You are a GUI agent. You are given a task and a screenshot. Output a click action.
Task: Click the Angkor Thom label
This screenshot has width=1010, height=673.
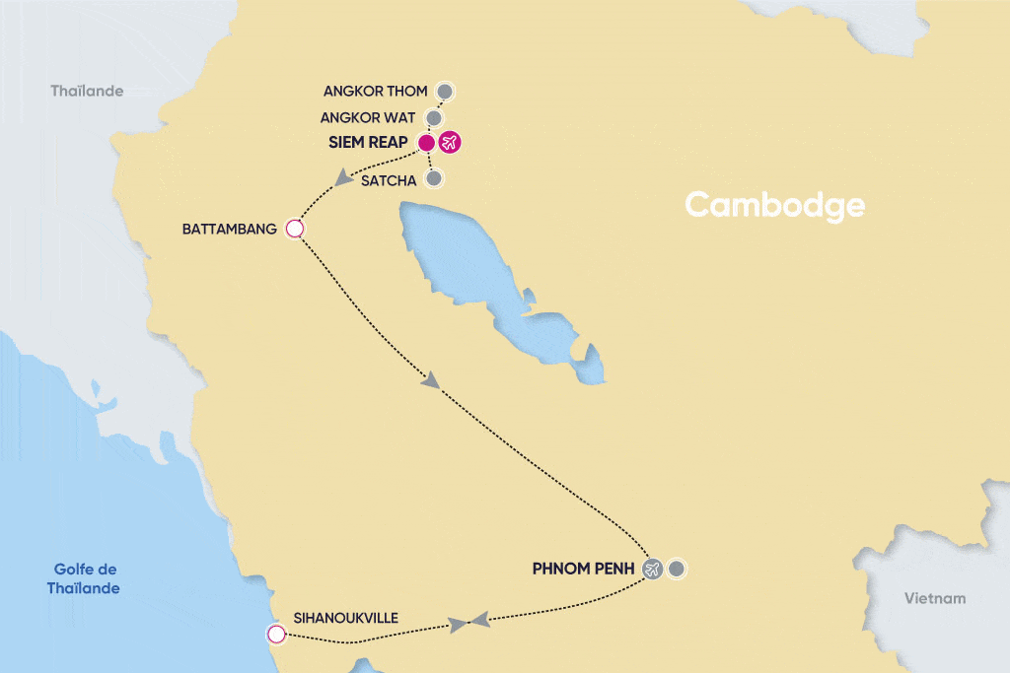[x=375, y=92]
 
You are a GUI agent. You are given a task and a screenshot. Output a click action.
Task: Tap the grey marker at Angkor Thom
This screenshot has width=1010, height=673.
[x=445, y=92]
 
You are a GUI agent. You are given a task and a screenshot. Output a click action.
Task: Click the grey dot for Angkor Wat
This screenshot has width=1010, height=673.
[x=434, y=118]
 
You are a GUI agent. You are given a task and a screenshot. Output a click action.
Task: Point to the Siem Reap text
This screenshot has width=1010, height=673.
[x=369, y=143]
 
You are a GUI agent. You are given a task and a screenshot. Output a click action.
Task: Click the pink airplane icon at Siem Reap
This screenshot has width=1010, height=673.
[x=451, y=143]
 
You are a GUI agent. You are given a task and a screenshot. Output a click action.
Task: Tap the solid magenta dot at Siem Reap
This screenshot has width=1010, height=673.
[x=426, y=143]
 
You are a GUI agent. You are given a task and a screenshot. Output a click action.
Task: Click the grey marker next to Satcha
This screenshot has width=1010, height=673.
[x=433, y=179]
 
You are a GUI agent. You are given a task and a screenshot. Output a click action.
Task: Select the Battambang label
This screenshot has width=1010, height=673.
[x=228, y=230]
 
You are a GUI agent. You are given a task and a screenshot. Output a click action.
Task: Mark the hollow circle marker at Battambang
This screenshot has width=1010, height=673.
[x=293, y=230]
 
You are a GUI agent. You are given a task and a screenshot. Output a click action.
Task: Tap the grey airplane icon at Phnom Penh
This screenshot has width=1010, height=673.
[x=652, y=570]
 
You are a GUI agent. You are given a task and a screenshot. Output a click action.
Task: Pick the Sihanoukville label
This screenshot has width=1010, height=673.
[x=345, y=618]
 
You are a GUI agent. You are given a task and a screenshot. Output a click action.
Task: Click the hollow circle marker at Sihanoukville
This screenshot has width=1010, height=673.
[x=276, y=634]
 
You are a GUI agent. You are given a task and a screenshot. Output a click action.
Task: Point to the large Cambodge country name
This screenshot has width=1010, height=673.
[x=774, y=205]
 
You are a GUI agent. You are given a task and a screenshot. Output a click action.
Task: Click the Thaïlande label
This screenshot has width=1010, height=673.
[x=87, y=92]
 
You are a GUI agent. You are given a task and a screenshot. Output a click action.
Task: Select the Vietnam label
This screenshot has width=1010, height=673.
[x=935, y=598]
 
